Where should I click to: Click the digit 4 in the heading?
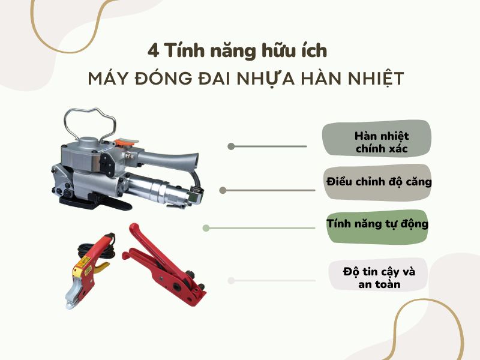pos(153,50)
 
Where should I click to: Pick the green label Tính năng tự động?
pos(377,224)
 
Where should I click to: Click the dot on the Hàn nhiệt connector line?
pos(230,146)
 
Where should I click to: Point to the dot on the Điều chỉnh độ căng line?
pos(223,190)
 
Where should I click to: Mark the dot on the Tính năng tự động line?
pos(206,228)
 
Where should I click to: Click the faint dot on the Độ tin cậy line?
pos(230,280)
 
